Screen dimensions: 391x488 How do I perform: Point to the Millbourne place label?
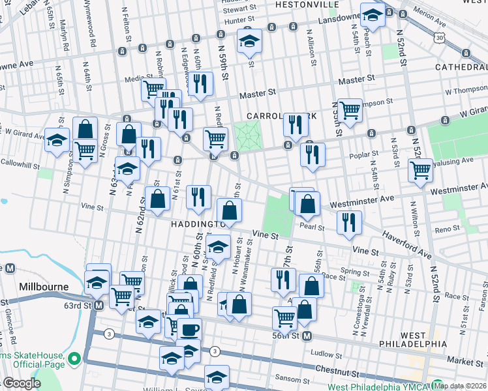(40, 287)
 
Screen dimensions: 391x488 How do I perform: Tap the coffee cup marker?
(190, 330)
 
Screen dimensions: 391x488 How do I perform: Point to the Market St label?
(464, 360)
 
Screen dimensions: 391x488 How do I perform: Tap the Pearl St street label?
(312, 227)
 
